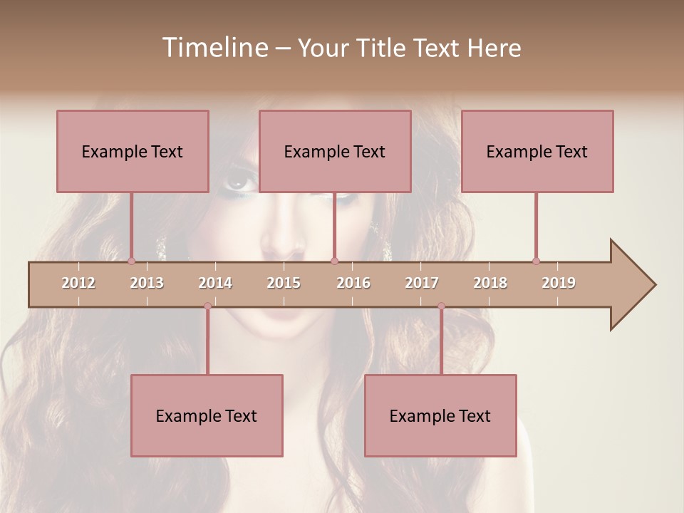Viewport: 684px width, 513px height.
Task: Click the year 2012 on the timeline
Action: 78,283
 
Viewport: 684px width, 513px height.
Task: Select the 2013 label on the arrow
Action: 147,283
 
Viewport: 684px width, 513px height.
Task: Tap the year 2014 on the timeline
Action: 215,283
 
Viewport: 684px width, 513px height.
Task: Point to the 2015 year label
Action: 284,283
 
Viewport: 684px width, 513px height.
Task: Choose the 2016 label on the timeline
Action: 353,283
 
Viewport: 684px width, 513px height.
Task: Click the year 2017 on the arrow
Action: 422,283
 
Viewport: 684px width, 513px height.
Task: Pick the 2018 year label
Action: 490,283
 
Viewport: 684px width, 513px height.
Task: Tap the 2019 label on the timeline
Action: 559,283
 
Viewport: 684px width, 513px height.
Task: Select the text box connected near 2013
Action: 133,151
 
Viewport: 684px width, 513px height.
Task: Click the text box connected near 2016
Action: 335,151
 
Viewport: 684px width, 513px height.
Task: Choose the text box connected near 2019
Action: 537,151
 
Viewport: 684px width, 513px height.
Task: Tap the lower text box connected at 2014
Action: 207,415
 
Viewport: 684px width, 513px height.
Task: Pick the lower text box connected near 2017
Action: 440,415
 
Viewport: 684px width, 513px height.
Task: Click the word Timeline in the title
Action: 214,48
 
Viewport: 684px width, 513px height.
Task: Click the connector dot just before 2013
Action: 131,261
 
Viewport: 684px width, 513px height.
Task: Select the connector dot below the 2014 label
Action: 207,306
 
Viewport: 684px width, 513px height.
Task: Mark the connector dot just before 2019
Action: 536,261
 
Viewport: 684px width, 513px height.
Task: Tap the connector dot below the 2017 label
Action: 441,306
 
